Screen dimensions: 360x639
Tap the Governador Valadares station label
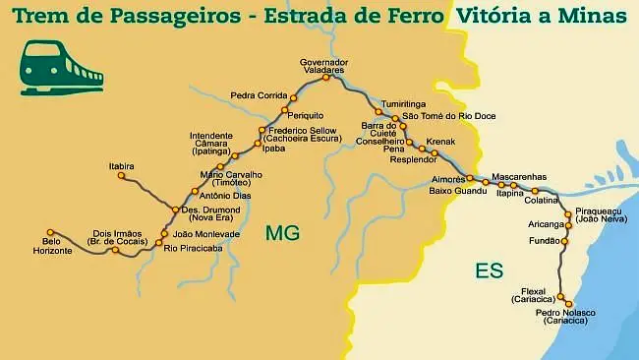(324, 67)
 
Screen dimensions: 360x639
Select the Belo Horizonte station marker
(46, 233)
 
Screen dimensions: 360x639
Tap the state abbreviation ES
(489, 269)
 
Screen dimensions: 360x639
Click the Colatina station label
(542, 201)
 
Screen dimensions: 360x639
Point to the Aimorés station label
(447, 179)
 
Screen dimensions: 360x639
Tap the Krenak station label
(442, 142)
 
